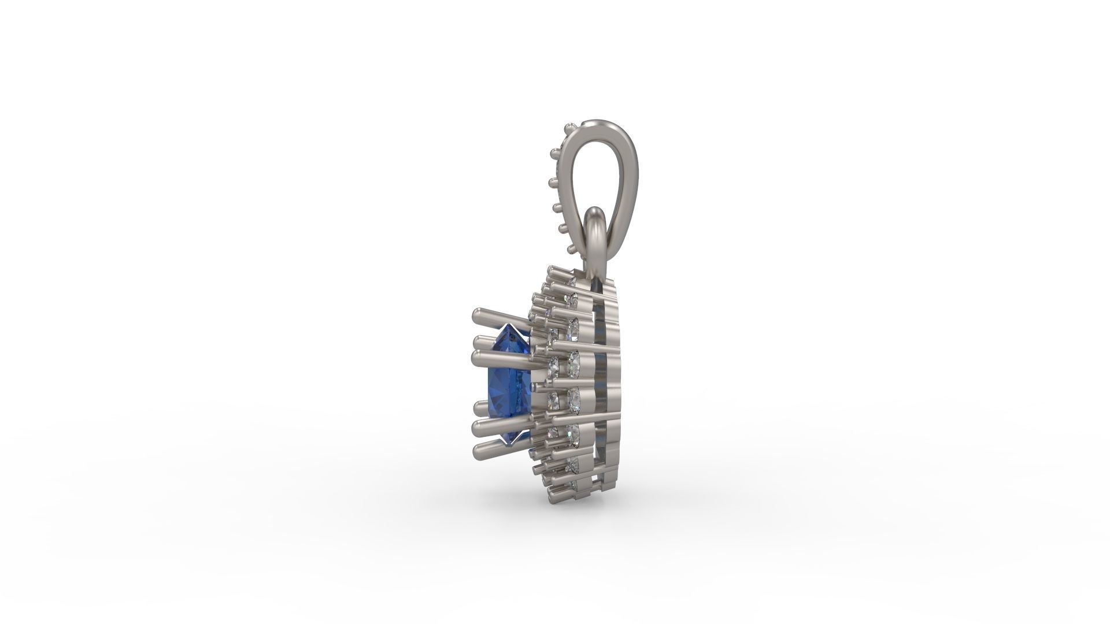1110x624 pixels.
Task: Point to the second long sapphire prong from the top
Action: pyautogui.click(x=481, y=342)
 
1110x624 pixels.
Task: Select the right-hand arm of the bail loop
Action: pyautogui.click(x=627, y=191)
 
